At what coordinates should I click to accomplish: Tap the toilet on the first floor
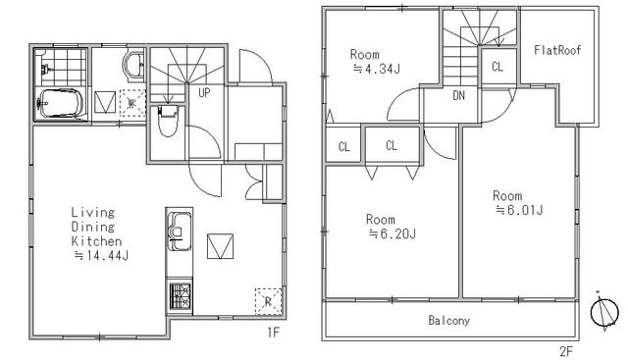coord(168,120)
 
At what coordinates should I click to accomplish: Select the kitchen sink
coord(180,231)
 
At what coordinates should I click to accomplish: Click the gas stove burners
coord(180,296)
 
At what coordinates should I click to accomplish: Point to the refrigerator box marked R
coord(268,301)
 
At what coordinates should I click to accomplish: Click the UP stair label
coord(204,93)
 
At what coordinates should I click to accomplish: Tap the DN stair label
coord(459,95)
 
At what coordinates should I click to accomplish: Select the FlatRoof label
coord(557,50)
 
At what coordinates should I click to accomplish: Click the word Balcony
coord(449,321)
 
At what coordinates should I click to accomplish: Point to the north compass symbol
coord(604,311)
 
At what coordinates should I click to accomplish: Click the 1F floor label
coord(273,333)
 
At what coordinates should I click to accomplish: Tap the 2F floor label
coord(566,351)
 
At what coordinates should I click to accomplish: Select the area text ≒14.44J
coord(101,255)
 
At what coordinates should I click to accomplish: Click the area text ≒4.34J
coord(376,69)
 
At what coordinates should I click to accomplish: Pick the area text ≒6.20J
coord(392,233)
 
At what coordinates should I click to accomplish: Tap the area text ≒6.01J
coord(519,210)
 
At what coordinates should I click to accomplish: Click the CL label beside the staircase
coord(497,67)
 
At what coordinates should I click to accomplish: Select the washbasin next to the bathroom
coord(133,66)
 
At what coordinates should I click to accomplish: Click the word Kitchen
coord(96,241)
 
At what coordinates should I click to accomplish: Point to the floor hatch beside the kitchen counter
coord(220,246)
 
